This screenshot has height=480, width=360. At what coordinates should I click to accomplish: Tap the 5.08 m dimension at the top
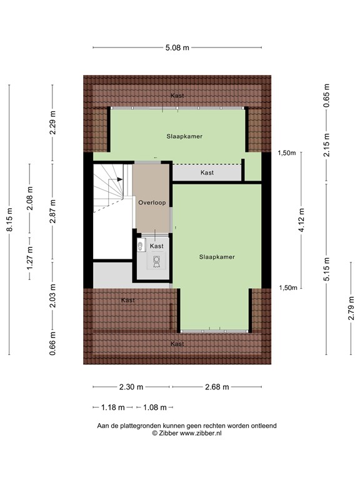pyautogui.click(x=177, y=47)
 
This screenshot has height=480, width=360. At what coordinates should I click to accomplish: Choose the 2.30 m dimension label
pyautogui.click(x=131, y=387)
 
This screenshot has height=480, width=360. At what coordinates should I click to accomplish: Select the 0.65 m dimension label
pyautogui.click(x=326, y=96)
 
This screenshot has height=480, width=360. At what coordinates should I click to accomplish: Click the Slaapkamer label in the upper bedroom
pyautogui.click(x=184, y=136)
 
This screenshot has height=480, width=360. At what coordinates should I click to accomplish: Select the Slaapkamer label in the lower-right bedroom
pyautogui.click(x=217, y=257)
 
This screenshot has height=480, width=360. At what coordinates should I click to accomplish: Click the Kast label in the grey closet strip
pyautogui.click(x=207, y=172)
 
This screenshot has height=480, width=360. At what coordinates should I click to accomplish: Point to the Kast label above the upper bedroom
pyautogui.click(x=177, y=96)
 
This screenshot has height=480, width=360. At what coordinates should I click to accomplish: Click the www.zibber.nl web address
pyautogui.click(x=201, y=432)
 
